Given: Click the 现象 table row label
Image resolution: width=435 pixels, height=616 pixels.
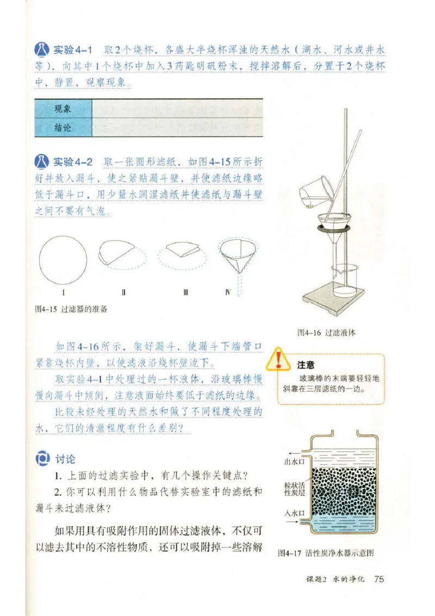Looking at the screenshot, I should [x=63, y=109].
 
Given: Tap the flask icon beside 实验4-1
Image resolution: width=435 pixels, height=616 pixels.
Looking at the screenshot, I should [x=42, y=51].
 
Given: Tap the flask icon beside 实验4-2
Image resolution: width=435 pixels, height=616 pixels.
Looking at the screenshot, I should [x=42, y=162].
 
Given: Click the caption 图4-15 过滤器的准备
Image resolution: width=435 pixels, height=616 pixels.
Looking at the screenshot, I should [x=71, y=309].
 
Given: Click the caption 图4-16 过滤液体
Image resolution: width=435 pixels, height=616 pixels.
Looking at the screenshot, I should [x=326, y=332].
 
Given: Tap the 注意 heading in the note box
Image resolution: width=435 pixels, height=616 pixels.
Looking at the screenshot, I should [x=306, y=365].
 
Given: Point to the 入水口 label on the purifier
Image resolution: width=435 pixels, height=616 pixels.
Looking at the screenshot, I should [x=294, y=513].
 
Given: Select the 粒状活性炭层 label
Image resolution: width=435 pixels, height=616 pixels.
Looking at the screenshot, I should [x=294, y=488].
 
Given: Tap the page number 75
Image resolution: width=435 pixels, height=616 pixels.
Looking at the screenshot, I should [x=379, y=578].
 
